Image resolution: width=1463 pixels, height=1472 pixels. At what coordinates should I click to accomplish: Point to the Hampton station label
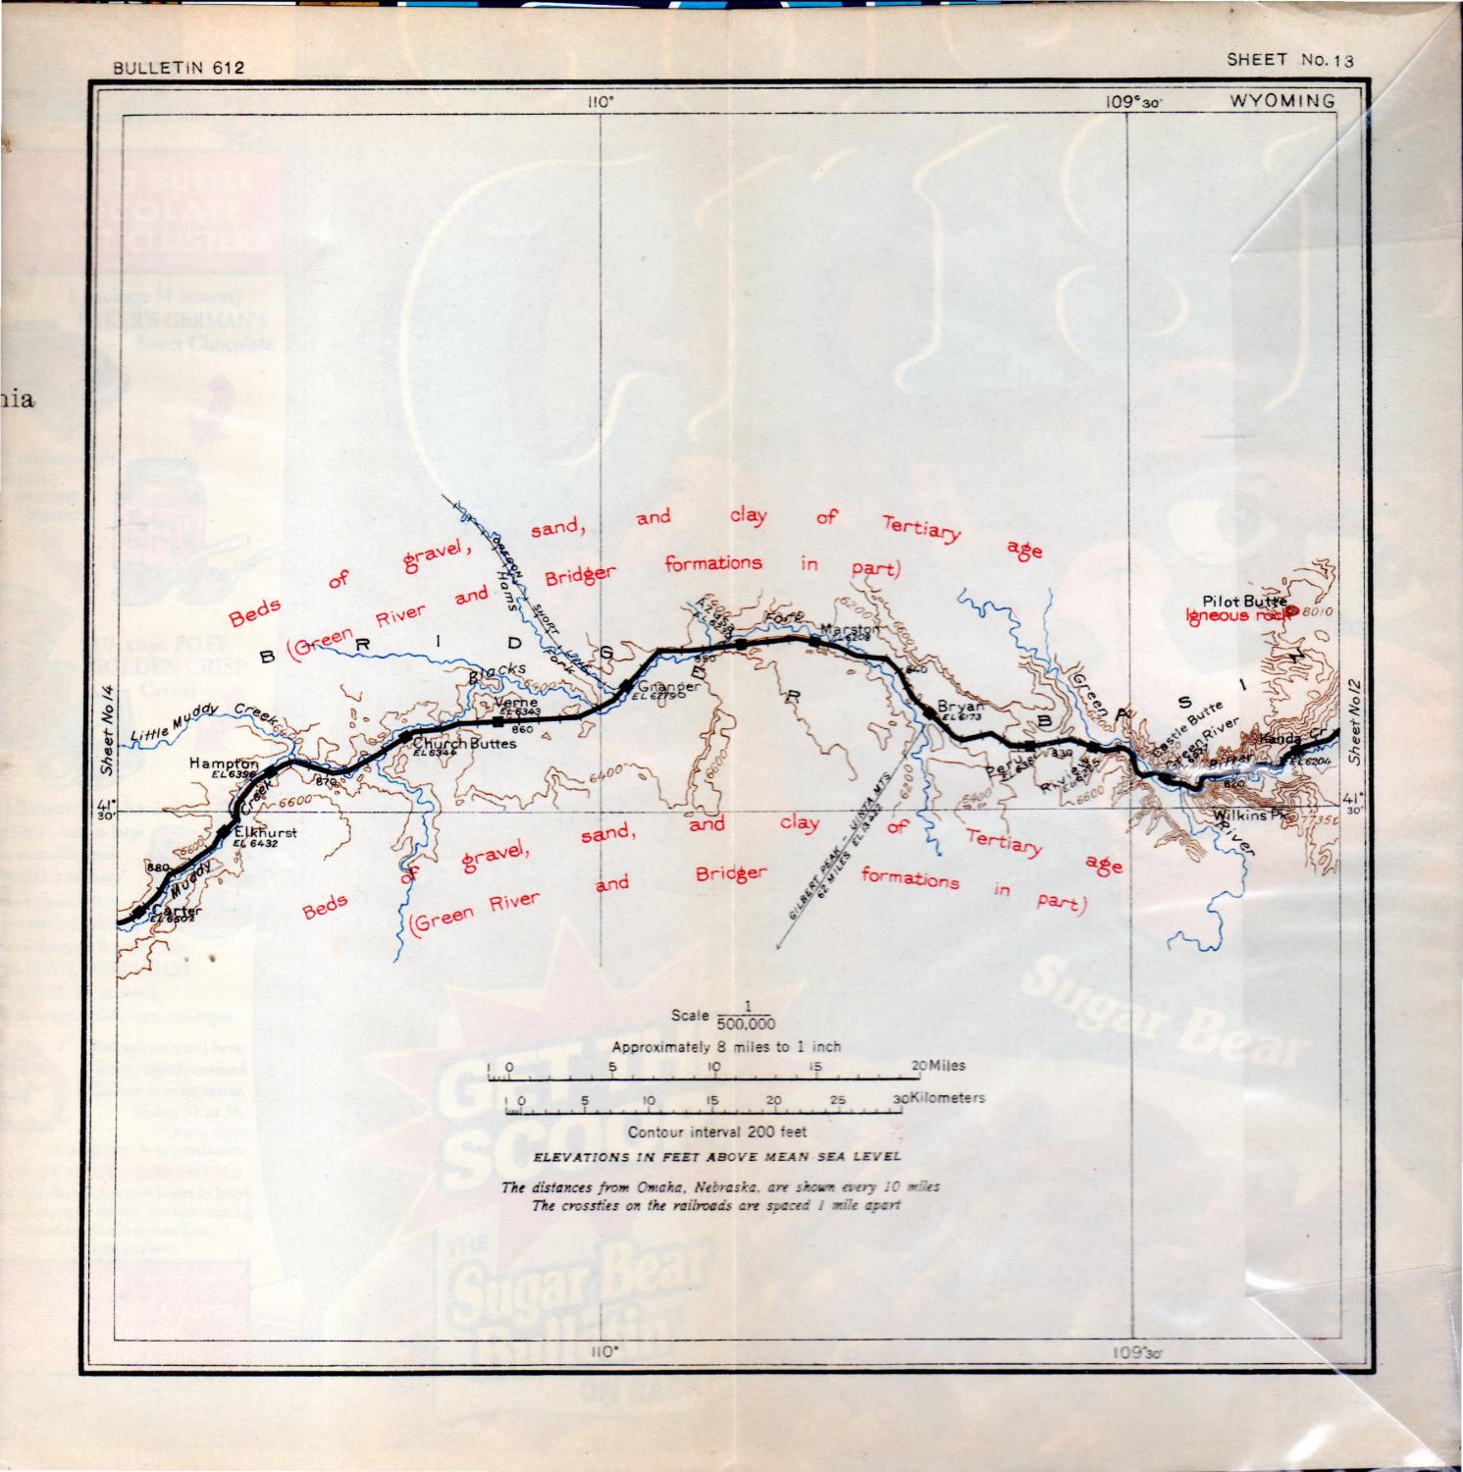[224, 763]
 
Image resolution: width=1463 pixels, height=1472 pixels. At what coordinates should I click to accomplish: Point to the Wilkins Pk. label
[1248, 815]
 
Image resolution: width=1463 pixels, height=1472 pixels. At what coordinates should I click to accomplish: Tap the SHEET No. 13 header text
[1290, 60]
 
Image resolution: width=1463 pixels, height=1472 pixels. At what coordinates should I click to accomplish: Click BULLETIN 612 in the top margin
[178, 68]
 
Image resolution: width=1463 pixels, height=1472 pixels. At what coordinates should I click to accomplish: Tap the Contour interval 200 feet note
[717, 1131]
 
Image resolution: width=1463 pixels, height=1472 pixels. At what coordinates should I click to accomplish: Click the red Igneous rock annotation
[1239, 616]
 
